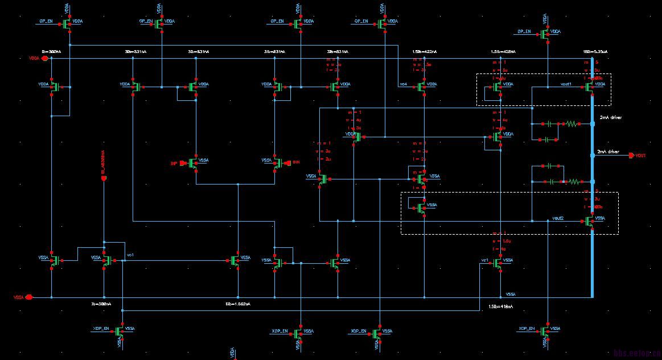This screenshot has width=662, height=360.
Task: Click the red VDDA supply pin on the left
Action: pos(43,58)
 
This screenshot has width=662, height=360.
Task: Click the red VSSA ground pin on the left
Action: pos(28,297)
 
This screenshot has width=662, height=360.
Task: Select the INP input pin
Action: pos(184,163)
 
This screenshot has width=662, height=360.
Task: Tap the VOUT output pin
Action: pos(632,156)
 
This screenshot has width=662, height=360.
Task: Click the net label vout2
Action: pos(558,218)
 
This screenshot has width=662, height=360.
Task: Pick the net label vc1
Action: pos(484,260)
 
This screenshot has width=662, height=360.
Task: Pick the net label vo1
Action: pos(130,255)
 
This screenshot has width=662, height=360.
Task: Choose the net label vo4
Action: pos(404,84)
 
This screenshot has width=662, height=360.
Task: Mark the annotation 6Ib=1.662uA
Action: pos(237,304)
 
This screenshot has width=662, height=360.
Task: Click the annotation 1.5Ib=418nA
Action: pos(500,306)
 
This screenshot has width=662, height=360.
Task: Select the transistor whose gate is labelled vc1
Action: pos(499,261)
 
